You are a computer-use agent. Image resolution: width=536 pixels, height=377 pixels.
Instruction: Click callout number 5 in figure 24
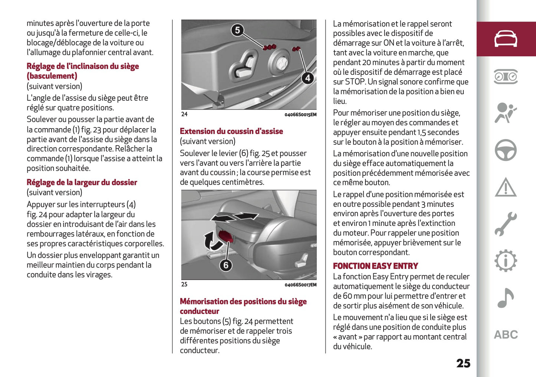click(x=237, y=30)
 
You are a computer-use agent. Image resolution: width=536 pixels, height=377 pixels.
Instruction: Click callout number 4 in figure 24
click(x=308, y=78)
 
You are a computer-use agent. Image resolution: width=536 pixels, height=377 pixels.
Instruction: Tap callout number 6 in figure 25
click(x=226, y=265)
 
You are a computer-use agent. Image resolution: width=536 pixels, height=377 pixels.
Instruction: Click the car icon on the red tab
click(x=506, y=39)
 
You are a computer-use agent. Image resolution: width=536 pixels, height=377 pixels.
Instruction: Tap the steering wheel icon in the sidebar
click(x=506, y=150)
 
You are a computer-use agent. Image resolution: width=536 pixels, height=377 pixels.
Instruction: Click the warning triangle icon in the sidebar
click(x=506, y=187)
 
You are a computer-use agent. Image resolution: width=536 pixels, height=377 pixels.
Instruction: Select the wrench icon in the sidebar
click(x=506, y=224)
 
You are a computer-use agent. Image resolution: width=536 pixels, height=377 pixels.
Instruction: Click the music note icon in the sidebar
click(x=505, y=298)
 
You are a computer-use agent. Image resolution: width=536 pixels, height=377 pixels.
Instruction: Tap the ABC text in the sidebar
click(x=506, y=335)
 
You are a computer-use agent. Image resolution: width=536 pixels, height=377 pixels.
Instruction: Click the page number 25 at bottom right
click(x=463, y=363)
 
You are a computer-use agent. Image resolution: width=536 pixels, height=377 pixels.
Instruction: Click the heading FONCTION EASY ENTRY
click(x=375, y=266)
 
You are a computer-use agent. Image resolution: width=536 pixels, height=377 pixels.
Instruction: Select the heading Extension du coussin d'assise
click(x=231, y=131)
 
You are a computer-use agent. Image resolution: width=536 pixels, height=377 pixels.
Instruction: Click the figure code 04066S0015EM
click(x=300, y=115)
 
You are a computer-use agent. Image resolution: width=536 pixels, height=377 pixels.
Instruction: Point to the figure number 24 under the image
click(x=184, y=114)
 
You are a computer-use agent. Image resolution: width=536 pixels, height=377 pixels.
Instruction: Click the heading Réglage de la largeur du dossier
click(x=82, y=182)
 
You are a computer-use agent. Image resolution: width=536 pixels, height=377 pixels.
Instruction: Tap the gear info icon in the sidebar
click(x=506, y=261)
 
